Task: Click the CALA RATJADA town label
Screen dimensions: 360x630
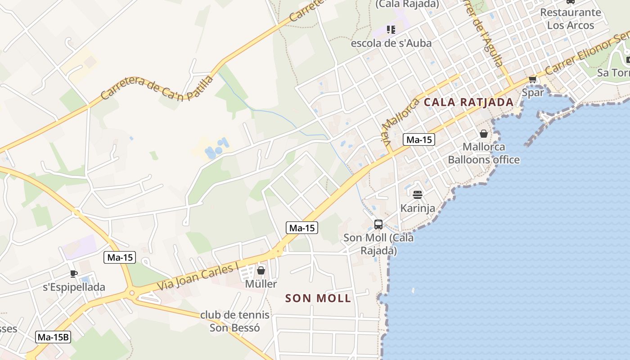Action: click(x=468, y=102)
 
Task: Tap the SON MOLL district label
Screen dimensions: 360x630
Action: click(x=318, y=298)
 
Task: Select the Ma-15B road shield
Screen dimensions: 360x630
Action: click(x=54, y=337)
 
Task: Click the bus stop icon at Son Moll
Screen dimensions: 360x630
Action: click(x=378, y=224)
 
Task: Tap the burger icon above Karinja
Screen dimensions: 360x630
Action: click(x=418, y=195)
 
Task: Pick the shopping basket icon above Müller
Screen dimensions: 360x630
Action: click(x=261, y=270)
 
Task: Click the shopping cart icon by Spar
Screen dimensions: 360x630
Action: click(x=533, y=80)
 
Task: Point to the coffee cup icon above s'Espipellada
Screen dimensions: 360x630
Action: click(x=74, y=274)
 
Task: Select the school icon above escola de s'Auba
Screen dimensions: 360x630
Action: click(x=391, y=30)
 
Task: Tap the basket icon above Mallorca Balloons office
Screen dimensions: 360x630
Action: click(x=484, y=134)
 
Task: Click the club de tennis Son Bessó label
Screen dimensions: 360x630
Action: click(x=235, y=321)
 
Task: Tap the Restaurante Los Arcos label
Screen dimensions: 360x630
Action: click(x=571, y=18)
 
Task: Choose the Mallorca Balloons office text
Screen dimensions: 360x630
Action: click(x=484, y=153)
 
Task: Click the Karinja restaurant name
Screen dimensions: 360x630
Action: click(x=418, y=208)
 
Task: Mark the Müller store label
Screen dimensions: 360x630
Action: click(x=261, y=284)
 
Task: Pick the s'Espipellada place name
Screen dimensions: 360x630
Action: click(x=74, y=287)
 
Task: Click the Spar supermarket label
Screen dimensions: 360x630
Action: click(x=533, y=93)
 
